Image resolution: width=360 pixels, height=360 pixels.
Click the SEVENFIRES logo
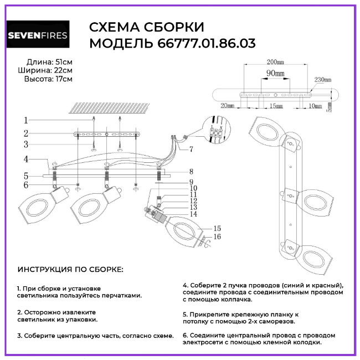(37, 36)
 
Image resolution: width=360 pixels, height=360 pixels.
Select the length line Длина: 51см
(49, 61)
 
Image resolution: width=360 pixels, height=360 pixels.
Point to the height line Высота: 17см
(48, 79)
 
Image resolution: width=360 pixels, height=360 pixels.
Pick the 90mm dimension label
(275, 73)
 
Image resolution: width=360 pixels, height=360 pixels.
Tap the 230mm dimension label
(323, 79)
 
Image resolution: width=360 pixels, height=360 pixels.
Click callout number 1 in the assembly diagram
(25, 120)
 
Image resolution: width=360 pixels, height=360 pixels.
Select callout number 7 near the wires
(191, 150)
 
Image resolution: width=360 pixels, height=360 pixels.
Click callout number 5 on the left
(25, 176)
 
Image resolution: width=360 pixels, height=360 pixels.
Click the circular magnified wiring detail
(215, 130)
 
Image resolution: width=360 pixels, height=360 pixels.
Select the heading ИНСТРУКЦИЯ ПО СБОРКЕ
(71, 270)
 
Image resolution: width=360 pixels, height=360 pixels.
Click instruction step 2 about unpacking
(60, 316)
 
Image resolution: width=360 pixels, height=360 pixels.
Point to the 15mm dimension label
(272, 105)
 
